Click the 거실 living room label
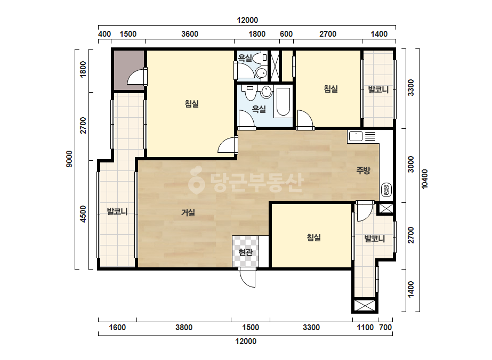pyautogui.click(x=188, y=212)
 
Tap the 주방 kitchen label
pyautogui.click(x=363, y=170)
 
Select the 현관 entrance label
pyautogui.click(x=245, y=252)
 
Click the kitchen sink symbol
pyautogui.click(x=356, y=136)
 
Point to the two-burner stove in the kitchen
pyautogui.click(x=386, y=190)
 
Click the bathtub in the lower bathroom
pyautogui.click(x=283, y=102)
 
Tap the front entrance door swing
pyautogui.click(x=247, y=278)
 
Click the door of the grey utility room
pyautogui.click(x=137, y=77)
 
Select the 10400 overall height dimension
pyautogui.click(x=424, y=179)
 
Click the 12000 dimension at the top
pyautogui.click(x=247, y=20)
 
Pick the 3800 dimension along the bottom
pyautogui.click(x=184, y=328)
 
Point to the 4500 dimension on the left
pyautogui.click(x=83, y=214)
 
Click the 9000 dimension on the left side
pyautogui.click(x=69, y=159)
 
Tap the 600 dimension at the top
pyautogui.click(x=286, y=34)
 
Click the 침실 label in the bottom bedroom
pyautogui.click(x=314, y=238)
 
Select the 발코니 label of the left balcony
pyautogui.click(x=117, y=211)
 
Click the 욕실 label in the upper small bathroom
pyautogui.click(x=245, y=58)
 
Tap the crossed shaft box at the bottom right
pyautogui.click(x=364, y=306)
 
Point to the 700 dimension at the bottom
pyautogui.click(x=385, y=328)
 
